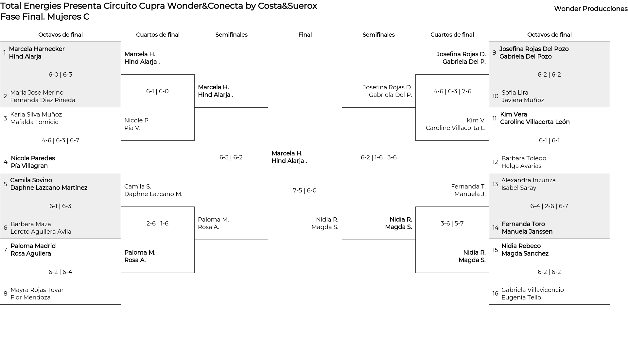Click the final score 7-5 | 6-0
[305, 190]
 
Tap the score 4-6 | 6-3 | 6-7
[60, 140]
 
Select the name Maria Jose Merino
[37, 93]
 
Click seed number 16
[495, 294]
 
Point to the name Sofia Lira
[515, 93]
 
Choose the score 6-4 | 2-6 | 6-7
[549, 206]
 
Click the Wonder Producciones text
[591, 9]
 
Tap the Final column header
[305, 35]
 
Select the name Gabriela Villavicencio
[532, 290]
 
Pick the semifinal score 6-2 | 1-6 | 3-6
[378, 157]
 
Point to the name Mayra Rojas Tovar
[37, 290]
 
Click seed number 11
[495, 118]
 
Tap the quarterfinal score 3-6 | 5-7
[452, 224]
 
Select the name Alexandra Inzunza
[528, 180]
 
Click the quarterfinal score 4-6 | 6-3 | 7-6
[452, 91]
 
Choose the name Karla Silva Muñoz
[36, 115]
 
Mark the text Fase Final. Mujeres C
[45, 17]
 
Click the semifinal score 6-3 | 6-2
[231, 157]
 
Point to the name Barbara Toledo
[524, 158]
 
